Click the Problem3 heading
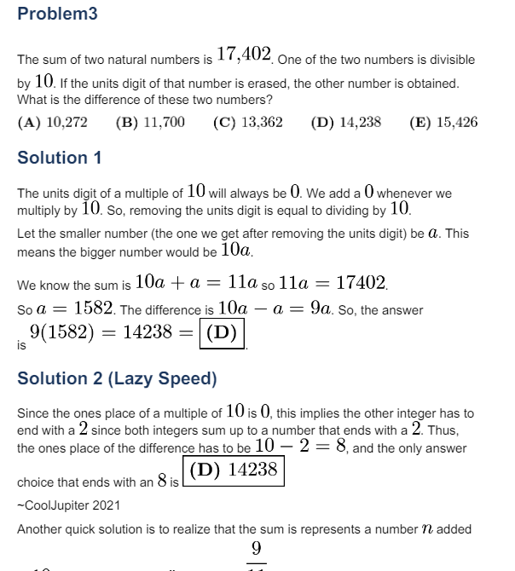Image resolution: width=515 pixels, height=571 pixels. point(57,14)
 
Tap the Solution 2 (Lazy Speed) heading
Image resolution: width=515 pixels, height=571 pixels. point(117,378)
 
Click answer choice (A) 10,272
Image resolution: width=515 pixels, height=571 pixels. point(52,122)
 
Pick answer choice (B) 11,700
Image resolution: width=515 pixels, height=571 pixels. point(150,122)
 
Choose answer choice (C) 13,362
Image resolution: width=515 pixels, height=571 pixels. point(248,122)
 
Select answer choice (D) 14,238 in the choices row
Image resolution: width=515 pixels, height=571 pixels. point(346,122)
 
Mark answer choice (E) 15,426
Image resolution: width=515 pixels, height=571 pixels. point(443,122)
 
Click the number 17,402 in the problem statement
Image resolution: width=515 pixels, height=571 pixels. point(244,55)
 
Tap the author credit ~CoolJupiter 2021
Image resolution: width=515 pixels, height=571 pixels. point(68,505)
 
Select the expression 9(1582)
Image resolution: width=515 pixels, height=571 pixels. point(61,332)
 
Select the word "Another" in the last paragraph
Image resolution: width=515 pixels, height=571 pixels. point(40,529)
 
